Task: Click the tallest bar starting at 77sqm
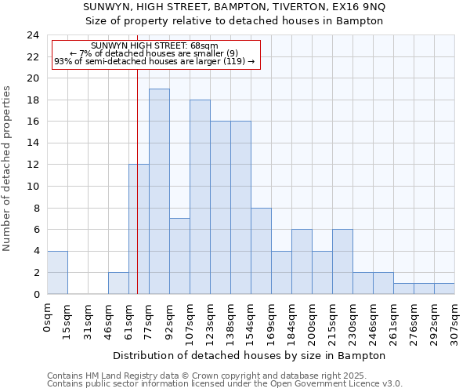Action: [x=159, y=191]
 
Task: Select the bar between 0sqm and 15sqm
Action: [x=57, y=272]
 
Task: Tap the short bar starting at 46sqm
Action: [x=118, y=283]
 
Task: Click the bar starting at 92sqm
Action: [x=179, y=256]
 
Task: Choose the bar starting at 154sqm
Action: [x=261, y=251]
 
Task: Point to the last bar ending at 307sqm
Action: [x=444, y=289]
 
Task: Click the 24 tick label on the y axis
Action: [x=32, y=35]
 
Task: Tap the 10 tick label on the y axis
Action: [x=32, y=187]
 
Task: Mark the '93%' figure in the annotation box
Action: [x=63, y=61]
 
